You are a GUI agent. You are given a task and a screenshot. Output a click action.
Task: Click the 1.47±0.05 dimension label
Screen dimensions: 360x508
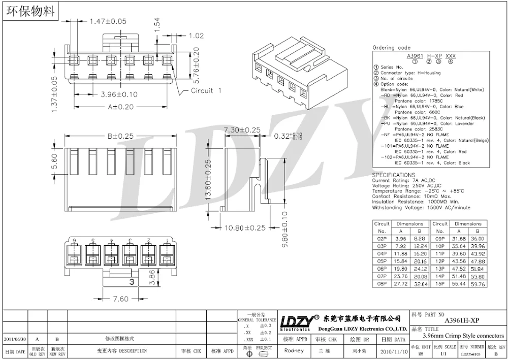coord(108,21)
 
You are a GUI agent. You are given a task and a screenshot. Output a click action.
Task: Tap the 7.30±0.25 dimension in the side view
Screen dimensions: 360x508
coord(242,130)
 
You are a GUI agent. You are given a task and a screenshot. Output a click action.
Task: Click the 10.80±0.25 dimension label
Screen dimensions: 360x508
coord(246,228)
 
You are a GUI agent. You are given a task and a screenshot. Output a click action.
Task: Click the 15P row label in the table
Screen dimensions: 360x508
coord(439,284)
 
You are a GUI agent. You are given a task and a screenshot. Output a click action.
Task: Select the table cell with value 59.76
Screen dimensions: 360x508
coord(477,284)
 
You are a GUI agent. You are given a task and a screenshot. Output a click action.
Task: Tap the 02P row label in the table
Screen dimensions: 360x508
coord(382,238)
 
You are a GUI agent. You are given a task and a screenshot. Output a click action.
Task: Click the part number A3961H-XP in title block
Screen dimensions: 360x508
coord(461,320)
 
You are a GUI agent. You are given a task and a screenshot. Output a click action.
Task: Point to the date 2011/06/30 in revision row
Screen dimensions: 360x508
coord(15,339)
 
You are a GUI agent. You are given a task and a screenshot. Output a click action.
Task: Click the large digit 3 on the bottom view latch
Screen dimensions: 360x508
coord(131,281)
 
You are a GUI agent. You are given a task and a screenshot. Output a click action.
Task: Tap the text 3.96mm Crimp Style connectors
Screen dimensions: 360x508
coord(463,336)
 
